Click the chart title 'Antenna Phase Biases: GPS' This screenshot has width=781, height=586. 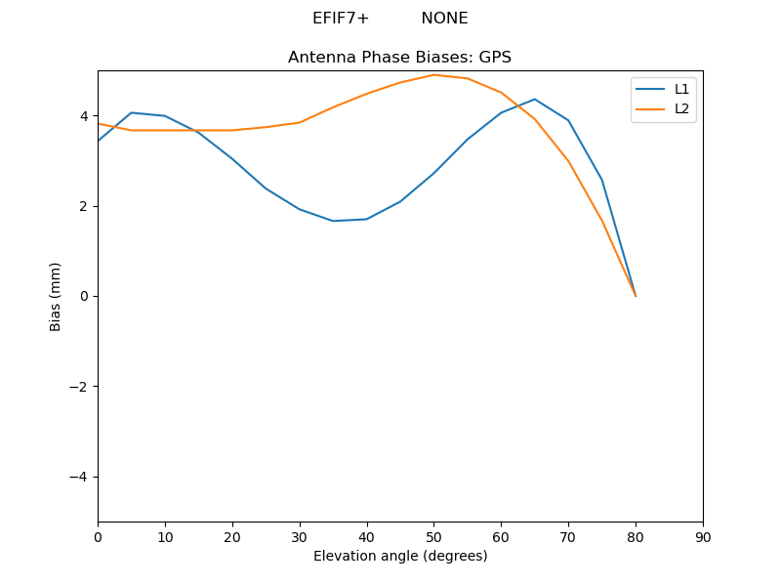[x=399, y=58]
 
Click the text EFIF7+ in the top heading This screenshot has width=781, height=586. [x=341, y=19]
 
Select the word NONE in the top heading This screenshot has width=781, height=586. [x=444, y=19]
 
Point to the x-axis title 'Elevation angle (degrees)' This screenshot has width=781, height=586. [x=400, y=556]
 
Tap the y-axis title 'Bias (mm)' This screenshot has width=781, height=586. [x=56, y=296]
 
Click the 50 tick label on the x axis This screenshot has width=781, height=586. [x=433, y=536]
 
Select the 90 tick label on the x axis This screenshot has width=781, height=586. [x=703, y=536]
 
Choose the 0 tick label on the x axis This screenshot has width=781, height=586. [x=98, y=536]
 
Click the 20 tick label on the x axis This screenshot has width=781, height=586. [x=232, y=536]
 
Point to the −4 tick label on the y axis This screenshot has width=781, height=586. [x=80, y=477]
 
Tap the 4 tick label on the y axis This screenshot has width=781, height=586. [x=84, y=116]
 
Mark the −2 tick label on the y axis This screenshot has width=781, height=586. [x=80, y=387]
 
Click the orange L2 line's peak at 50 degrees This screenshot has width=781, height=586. [x=433, y=75]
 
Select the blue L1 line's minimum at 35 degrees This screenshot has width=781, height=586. [x=333, y=221]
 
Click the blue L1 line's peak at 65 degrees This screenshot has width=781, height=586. [x=535, y=99]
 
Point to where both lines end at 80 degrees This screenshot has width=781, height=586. [x=636, y=296]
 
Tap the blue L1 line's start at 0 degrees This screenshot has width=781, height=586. [x=99, y=141]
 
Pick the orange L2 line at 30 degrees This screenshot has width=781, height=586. [x=300, y=122]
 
